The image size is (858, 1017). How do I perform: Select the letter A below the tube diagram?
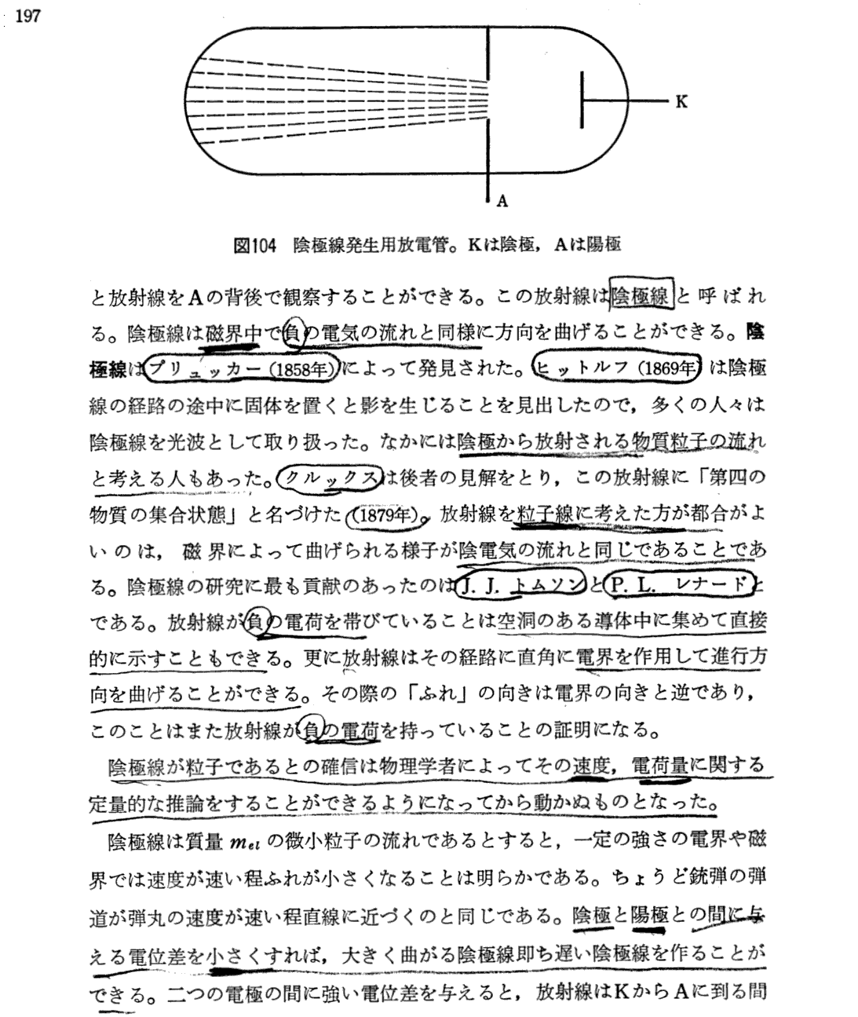(502, 201)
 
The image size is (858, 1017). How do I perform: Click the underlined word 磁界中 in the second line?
(233, 333)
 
